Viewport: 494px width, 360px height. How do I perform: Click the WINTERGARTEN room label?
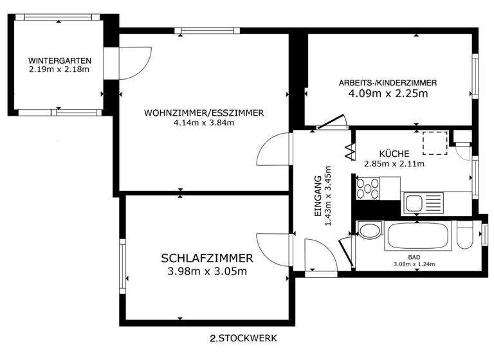coord(59,60)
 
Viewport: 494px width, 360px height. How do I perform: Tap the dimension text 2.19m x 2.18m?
coord(59,69)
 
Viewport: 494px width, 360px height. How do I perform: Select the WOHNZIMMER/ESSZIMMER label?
coord(204,113)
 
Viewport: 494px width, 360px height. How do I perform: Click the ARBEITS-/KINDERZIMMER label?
coord(388,83)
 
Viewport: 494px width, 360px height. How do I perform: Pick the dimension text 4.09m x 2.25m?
coord(388,94)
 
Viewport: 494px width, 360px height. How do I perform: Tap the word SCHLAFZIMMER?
coord(206,258)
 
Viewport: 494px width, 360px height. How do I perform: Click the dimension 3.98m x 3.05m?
coord(206,271)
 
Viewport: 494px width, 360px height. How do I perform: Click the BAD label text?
coord(414,256)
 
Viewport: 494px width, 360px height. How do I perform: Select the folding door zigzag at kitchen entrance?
coord(351,151)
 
